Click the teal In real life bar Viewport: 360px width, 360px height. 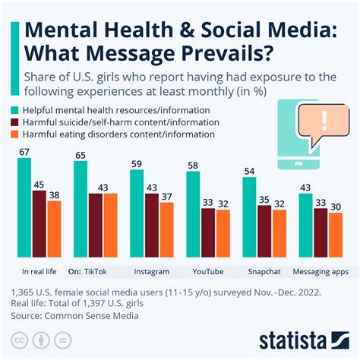[24, 209]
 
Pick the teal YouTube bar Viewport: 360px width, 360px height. [193, 216]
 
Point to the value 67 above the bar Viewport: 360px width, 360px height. [24, 152]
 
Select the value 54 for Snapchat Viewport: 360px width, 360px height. [249, 170]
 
